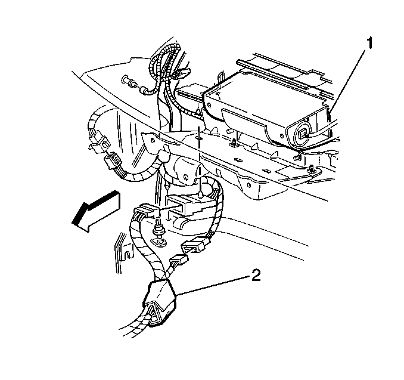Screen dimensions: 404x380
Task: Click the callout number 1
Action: pyautogui.click(x=369, y=44)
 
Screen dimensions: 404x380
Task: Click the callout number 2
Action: pyautogui.click(x=256, y=275)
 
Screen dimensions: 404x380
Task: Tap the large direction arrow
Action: pyautogui.click(x=97, y=211)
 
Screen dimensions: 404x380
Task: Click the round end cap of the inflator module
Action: pyautogui.click(x=302, y=134)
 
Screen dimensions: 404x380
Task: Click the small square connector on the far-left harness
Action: pyautogui.click(x=101, y=147)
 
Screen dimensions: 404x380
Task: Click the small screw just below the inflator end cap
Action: pyautogui.click(x=297, y=156)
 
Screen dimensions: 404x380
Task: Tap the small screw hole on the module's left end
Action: pyautogui.click(x=209, y=105)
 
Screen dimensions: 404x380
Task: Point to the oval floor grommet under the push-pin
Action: pyautogui.click(x=160, y=243)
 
